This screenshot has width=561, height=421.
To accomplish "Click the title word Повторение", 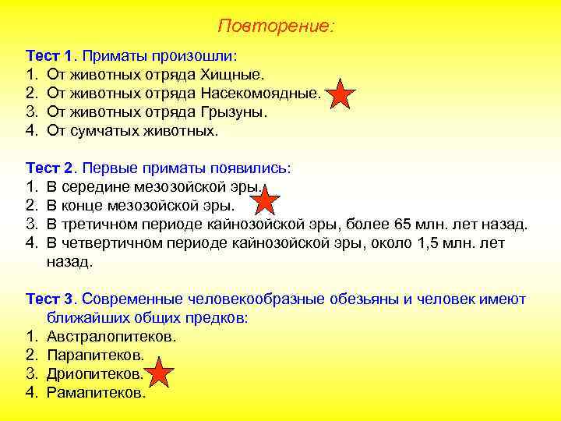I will (x=275, y=27).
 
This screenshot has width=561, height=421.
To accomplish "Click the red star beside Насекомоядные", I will (x=340, y=94).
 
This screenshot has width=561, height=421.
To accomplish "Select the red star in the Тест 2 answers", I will (x=266, y=200).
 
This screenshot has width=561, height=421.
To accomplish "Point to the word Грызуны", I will (x=233, y=112).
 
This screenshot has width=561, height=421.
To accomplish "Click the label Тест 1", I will (x=51, y=57).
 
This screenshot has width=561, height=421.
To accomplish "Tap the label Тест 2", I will (x=51, y=169).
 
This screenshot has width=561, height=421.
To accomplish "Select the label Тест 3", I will (x=51, y=299).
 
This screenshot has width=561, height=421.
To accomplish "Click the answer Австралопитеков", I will (x=111, y=337).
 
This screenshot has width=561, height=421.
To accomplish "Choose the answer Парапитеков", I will (x=96, y=356).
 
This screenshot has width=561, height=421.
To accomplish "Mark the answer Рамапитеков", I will (x=96, y=392).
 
